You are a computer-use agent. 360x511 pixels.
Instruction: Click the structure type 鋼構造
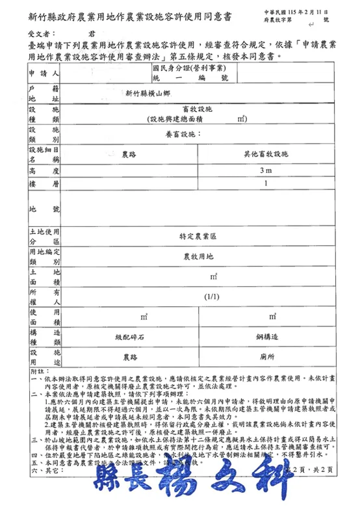click(x=266, y=337)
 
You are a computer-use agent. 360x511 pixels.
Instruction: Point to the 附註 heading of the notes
click(x=36, y=371)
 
